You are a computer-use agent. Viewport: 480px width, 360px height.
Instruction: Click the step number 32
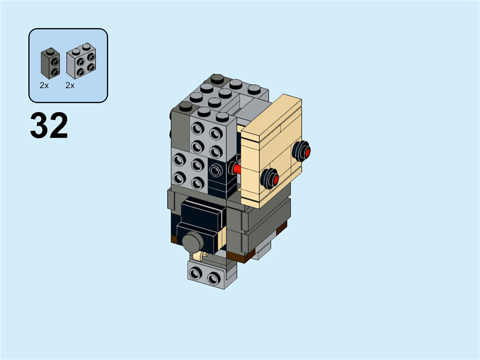click(49, 127)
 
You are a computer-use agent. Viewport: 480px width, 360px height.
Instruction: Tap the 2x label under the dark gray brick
click(44, 86)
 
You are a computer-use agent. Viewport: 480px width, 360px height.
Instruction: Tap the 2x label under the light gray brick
click(70, 86)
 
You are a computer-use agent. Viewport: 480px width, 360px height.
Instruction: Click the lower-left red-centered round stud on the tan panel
click(269, 178)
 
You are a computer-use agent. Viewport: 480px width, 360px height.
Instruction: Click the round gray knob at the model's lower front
click(193, 243)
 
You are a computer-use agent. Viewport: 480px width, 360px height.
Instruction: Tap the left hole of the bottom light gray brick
click(196, 275)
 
